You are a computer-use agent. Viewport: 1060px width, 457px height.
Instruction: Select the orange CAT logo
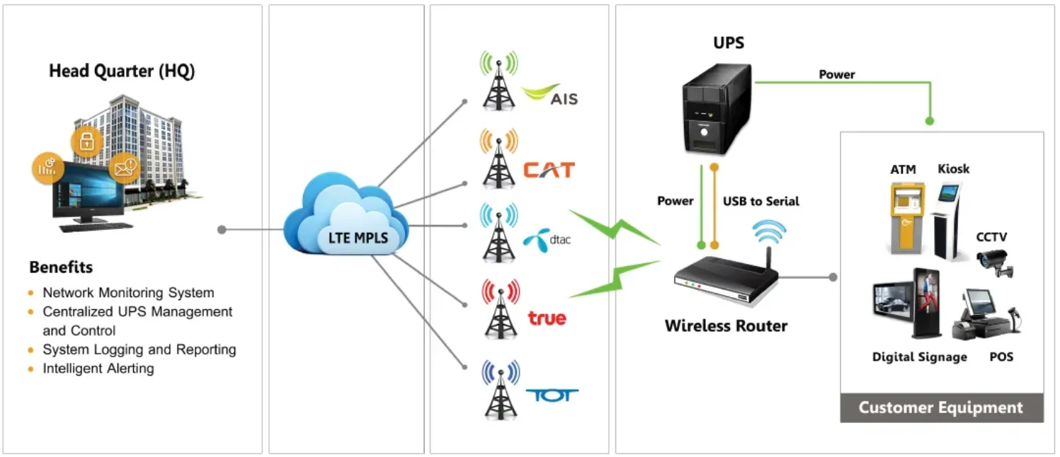[549, 170]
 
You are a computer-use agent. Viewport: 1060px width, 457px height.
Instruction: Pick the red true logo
[547, 318]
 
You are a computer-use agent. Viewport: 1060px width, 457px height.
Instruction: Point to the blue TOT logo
[552, 395]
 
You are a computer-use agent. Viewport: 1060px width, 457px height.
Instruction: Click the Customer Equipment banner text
[940, 407]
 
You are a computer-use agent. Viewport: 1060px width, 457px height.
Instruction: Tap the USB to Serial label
[760, 201]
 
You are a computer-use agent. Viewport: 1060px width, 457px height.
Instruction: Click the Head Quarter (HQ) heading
[122, 71]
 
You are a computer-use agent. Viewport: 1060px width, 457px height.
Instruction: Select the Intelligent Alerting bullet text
[98, 369]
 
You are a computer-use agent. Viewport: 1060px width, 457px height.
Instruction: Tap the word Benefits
[61, 267]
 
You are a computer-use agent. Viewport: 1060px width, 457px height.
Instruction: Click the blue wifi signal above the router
[768, 230]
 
